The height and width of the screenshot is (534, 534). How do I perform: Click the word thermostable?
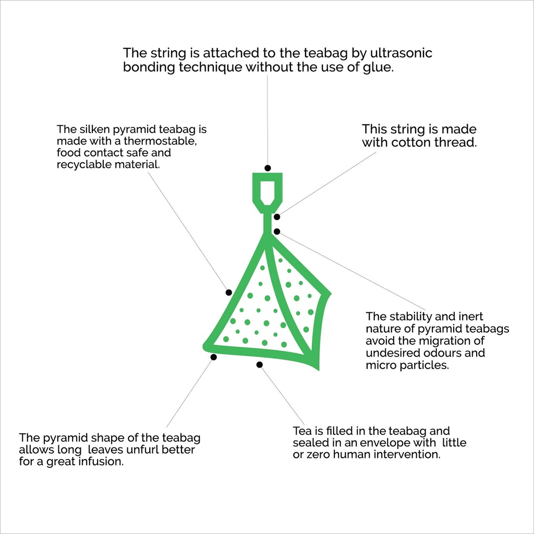tap(161, 141)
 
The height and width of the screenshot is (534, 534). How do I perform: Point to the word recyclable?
tap(84, 164)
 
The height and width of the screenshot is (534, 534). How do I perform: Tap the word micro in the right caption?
tap(381, 365)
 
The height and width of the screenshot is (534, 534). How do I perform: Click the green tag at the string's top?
tap(268, 193)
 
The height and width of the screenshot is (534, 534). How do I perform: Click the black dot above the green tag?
tap(268, 168)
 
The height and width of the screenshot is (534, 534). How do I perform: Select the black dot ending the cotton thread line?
tap(277, 217)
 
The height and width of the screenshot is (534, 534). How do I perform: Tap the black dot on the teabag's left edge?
tap(229, 293)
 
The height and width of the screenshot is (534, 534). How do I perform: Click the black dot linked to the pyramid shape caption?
tap(213, 357)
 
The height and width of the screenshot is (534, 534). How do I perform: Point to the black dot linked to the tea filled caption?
tap(260, 365)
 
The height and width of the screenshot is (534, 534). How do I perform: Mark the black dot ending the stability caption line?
tap(277, 232)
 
